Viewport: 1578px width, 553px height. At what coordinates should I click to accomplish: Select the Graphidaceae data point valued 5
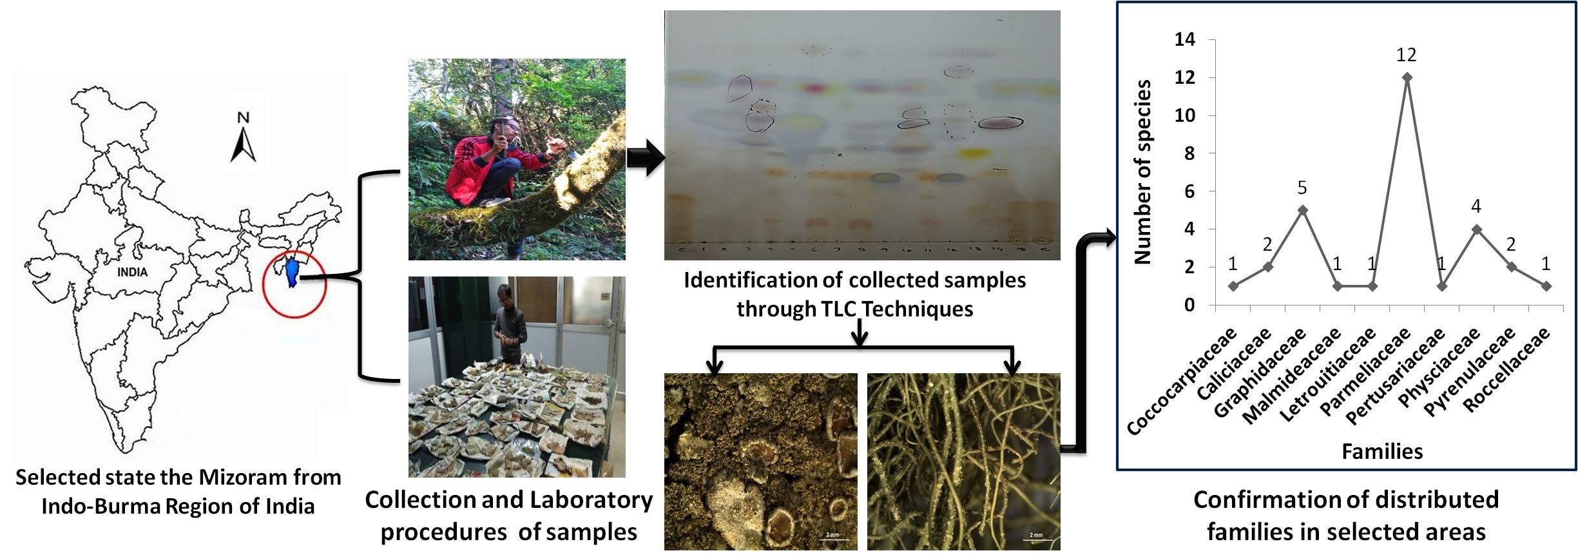click(x=1302, y=210)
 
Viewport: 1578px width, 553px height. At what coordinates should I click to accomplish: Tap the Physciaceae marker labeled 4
click(x=1476, y=229)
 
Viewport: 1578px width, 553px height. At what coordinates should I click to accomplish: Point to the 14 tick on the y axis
click(x=1185, y=40)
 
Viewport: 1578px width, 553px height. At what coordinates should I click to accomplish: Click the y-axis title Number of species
click(x=1142, y=172)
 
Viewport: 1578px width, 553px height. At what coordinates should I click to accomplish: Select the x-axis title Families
click(x=1382, y=451)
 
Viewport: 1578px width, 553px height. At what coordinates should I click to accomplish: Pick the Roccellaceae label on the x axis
click(x=1506, y=370)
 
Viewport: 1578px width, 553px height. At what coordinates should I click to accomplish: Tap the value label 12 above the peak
click(x=1407, y=55)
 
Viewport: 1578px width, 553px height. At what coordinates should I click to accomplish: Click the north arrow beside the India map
click(x=243, y=146)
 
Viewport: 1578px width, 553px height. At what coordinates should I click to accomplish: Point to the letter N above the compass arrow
click(x=243, y=118)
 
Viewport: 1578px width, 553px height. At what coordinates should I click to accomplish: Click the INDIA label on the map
click(x=132, y=272)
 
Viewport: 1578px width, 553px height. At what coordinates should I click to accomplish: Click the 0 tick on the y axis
click(x=1189, y=306)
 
